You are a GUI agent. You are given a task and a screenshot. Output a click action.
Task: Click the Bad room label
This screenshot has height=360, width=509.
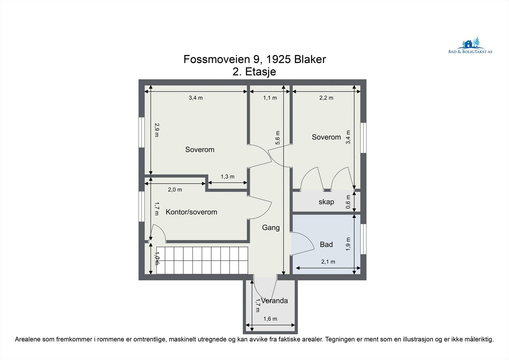coord(326,244)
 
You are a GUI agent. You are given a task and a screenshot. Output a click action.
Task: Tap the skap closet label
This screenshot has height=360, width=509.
coord(326,202)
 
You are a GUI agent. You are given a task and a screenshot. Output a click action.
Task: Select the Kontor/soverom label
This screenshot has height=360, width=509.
coord(191,212)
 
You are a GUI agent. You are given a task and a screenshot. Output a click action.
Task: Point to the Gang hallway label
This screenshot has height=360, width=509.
coord(271,228)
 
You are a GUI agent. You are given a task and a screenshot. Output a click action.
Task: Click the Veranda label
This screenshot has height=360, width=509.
coord(275,301)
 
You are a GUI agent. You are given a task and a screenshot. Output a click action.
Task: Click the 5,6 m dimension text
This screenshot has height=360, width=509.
coord(278,138)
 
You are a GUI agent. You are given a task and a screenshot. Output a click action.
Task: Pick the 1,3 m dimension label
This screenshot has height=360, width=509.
coord(227,177)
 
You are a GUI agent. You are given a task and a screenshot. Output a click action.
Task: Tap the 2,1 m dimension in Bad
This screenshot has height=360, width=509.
coord(328,262)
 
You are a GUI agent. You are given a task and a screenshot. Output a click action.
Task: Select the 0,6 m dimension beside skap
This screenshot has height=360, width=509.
coord(348,202)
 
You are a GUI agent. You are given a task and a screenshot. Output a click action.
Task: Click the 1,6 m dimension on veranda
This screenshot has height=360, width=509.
coord(270,319)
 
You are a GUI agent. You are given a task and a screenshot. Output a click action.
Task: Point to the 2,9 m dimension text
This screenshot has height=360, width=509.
coord(156,130)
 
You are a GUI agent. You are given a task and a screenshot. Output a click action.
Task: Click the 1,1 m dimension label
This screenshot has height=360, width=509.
coord(270,98)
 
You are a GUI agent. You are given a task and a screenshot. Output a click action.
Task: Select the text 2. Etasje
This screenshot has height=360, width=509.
coord(254,72)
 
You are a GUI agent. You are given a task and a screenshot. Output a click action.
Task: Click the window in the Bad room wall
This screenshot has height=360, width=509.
coord(363,239)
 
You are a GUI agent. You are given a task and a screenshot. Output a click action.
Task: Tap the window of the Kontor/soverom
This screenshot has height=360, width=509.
coord(142,206)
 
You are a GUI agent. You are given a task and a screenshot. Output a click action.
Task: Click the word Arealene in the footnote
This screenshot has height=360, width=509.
coord(27,340)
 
